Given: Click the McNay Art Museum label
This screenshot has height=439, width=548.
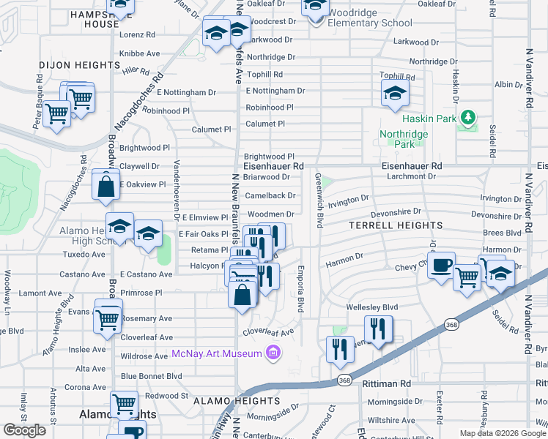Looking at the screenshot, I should click(217, 354).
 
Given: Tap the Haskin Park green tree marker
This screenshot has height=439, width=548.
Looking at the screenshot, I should click(467, 117).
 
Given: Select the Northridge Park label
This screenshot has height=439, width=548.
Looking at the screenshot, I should click(396, 139).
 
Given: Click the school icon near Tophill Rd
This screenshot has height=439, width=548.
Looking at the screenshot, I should click(394, 94).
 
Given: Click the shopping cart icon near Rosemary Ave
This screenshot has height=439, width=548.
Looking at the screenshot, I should click(108, 318).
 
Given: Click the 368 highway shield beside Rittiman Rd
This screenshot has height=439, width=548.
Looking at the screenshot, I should click(344, 380).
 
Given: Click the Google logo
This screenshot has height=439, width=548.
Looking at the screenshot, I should click(25, 430).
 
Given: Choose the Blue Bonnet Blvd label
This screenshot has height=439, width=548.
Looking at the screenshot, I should click(151, 376).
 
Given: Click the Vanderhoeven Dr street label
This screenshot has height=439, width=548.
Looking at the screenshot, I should click(177, 190).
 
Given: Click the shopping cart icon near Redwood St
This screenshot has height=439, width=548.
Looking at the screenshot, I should click(124, 404).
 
